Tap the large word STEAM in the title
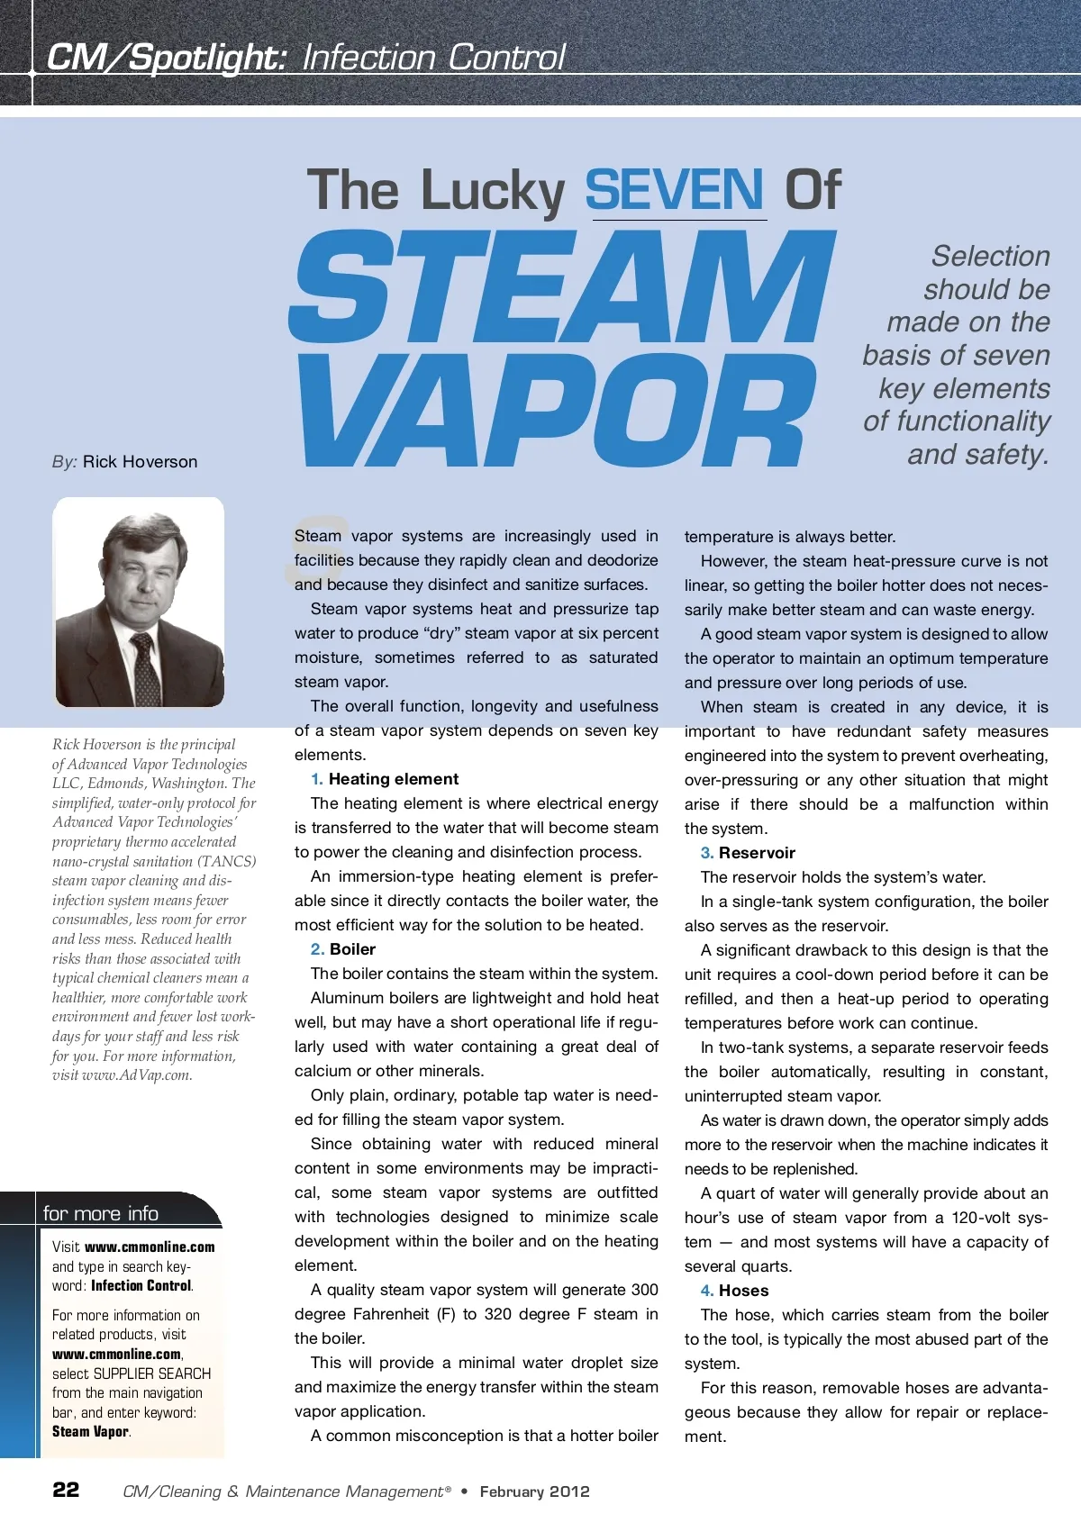[x=563, y=288]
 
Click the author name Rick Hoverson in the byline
[x=140, y=462]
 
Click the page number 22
[x=66, y=1490]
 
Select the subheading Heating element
[x=394, y=779]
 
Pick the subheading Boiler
[x=352, y=949]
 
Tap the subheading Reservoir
[x=757, y=853]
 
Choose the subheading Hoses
[x=743, y=1291]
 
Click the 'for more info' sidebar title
[x=101, y=1213]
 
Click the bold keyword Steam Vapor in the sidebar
[x=91, y=1432]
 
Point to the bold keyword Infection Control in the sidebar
[x=141, y=1286]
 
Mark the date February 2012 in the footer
[x=534, y=1491]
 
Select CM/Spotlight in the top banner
[x=167, y=58]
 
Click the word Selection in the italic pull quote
[x=990, y=257]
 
